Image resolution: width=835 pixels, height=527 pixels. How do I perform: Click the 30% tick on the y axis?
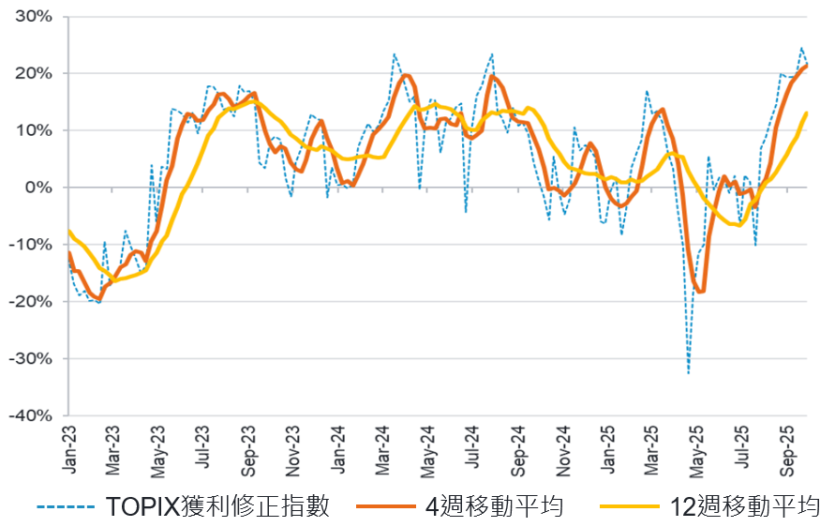(x=33, y=17)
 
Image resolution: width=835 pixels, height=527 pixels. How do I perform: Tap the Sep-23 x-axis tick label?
(x=249, y=446)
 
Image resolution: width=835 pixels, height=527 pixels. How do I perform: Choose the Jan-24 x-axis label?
(x=339, y=446)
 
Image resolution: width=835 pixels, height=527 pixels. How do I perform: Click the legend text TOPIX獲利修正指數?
(x=217, y=507)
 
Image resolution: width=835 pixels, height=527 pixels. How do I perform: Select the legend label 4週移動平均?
(x=494, y=507)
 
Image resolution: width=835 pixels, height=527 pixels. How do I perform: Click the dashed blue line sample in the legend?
(x=67, y=507)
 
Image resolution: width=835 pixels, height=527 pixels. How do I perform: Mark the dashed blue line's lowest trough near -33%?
(x=689, y=373)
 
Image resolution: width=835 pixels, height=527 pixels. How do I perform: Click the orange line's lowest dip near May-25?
(x=700, y=292)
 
